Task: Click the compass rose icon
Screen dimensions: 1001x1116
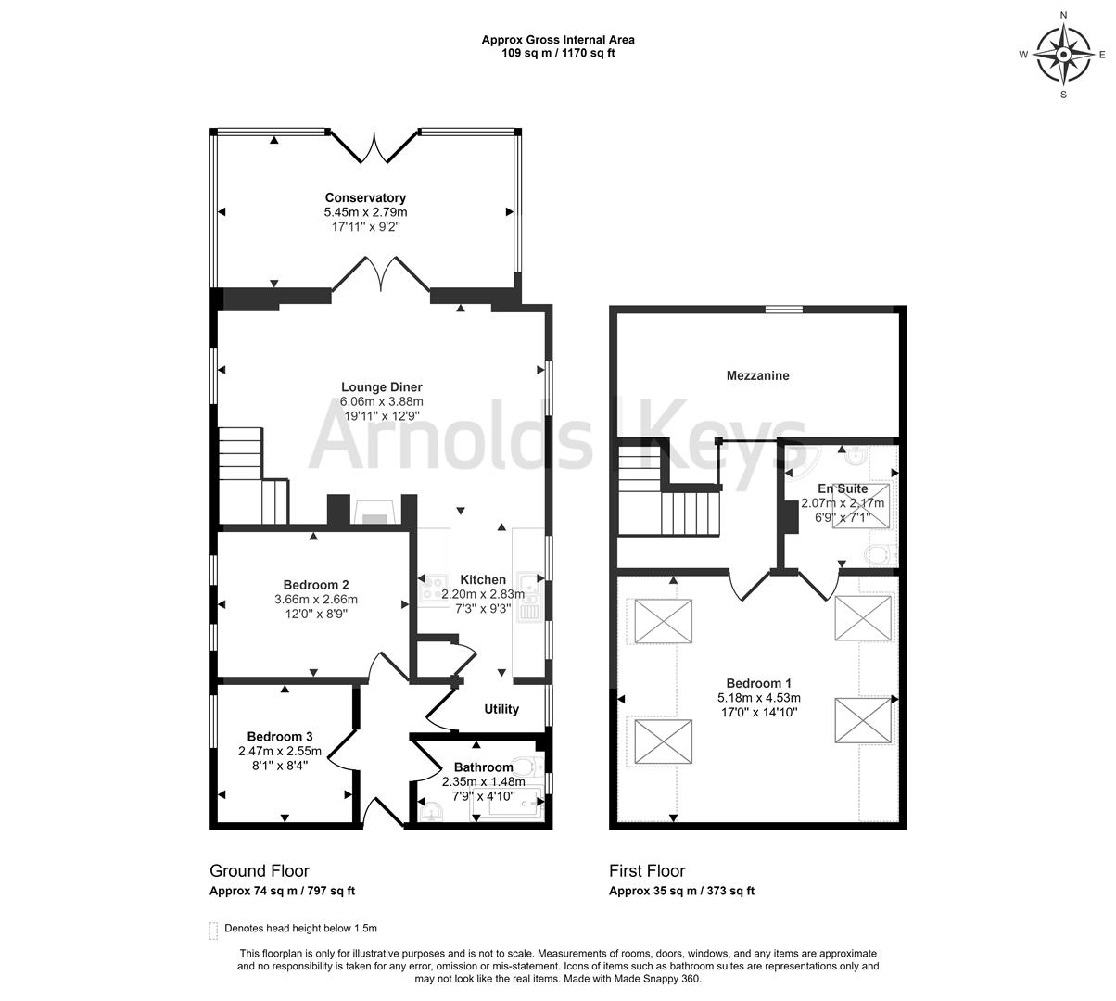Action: coord(1063,55)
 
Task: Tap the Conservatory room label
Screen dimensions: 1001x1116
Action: coord(365,197)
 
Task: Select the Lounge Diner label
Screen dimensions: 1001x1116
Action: coord(381,387)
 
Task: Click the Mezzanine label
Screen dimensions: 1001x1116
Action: coord(757,375)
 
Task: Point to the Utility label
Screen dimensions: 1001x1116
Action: coord(501,709)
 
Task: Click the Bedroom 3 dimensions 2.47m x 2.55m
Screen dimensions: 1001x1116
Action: coord(279,751)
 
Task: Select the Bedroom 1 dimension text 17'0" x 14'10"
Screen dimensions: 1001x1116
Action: coord(758,712)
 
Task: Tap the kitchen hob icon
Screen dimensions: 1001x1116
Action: coord(432,586)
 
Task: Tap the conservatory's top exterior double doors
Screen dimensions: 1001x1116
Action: coord(374,146)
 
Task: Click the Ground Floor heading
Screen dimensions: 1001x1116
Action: coord(260,870)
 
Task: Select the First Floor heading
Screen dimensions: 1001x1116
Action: coord(647,870)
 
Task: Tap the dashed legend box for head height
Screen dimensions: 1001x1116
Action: coord(214,929)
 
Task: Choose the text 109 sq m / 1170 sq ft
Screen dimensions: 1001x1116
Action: coord(557,53)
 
